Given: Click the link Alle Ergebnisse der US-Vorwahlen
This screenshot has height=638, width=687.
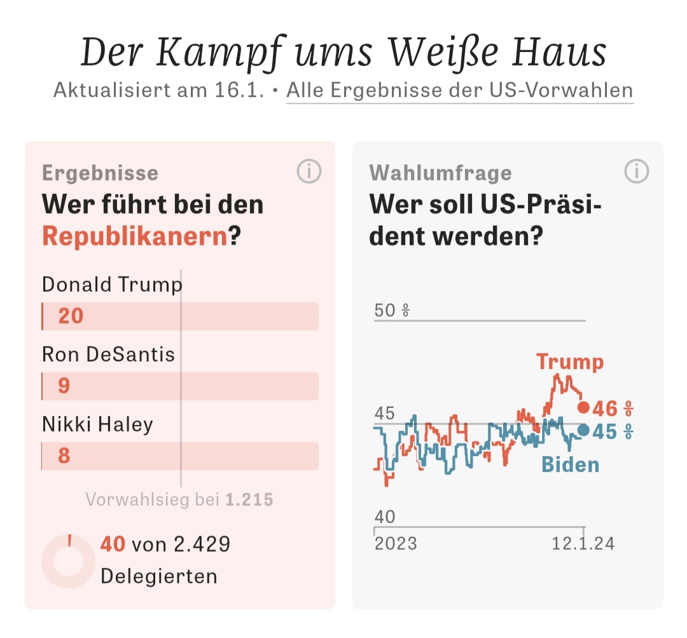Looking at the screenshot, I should [459, 90].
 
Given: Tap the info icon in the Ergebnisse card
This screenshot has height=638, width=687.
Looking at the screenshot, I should [309, 172].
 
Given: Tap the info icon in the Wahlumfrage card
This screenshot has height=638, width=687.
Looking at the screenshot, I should [637, 172].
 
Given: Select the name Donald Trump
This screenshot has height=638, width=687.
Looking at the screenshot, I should [112, 284].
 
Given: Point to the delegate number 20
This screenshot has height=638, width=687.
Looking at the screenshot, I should [71, 316].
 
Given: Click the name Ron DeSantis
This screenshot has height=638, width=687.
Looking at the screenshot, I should [108, 354].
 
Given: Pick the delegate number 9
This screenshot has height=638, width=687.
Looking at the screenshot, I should [64, 386].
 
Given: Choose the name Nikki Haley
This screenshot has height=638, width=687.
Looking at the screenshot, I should [97, 424].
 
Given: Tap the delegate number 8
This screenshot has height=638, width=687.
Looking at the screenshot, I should [64, 456].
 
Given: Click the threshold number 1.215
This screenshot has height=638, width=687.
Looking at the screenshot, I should [249, 499].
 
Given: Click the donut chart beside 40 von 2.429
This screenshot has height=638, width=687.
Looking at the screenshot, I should [68, 560].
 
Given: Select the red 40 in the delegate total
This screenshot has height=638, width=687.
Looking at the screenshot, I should [113, 545].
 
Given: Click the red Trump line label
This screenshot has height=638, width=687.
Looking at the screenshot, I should [570, 362].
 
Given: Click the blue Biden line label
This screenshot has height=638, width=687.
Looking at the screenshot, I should [570, 465].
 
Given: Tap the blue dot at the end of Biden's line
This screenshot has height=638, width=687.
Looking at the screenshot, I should [583, 430].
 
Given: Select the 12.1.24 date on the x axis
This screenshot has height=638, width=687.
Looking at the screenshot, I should [583, 544].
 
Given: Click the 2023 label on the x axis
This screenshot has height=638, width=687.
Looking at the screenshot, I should [396, 544].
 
